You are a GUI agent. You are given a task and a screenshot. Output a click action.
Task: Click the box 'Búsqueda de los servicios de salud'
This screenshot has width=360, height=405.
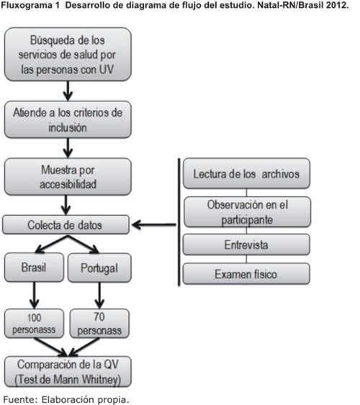(68, 54)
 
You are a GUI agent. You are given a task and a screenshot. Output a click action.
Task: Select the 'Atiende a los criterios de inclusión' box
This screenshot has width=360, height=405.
(68, 119)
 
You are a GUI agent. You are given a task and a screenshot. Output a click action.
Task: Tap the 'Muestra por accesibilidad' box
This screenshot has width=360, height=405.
(68, 177)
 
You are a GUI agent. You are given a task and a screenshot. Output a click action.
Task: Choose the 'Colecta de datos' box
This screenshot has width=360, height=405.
(66, 224)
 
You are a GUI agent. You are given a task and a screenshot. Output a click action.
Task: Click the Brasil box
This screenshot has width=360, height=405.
(34, 268)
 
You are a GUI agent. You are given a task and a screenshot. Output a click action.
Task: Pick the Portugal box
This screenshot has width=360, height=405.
(99, 268)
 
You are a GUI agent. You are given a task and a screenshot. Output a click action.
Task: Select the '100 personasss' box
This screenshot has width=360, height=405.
(34, 324)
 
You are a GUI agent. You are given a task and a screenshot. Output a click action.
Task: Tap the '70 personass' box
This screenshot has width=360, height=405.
(99, 324)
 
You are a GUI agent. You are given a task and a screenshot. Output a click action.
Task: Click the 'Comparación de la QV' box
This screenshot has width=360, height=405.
(68, 372)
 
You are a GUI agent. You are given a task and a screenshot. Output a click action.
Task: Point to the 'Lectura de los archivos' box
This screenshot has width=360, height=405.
(246, 173)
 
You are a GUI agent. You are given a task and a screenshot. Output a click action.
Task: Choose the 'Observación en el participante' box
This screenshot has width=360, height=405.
(248, 211)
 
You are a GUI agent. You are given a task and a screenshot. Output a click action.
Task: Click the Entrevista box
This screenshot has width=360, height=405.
(246, 245)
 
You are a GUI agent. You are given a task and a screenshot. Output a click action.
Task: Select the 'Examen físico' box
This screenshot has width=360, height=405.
(246, 274)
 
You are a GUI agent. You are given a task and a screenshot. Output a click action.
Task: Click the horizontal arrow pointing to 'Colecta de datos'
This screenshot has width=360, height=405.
(154, 224)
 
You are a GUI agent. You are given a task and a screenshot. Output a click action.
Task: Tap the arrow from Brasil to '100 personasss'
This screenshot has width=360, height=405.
(34, 295)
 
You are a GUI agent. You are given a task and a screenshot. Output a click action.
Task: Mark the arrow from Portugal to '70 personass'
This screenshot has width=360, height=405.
(99, 295)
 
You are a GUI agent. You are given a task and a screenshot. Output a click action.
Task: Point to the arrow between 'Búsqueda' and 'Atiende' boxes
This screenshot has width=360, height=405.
(68, 91)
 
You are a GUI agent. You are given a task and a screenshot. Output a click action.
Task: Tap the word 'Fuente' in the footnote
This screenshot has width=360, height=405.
(20, 399)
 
